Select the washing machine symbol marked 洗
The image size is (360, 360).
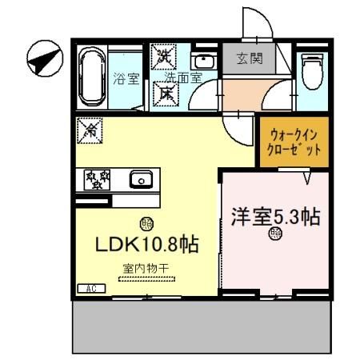coord(166,57)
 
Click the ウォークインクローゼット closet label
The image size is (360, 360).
coord(294,142)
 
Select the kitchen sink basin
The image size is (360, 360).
coord(142,179)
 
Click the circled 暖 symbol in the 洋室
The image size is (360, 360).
coord(276,234)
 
